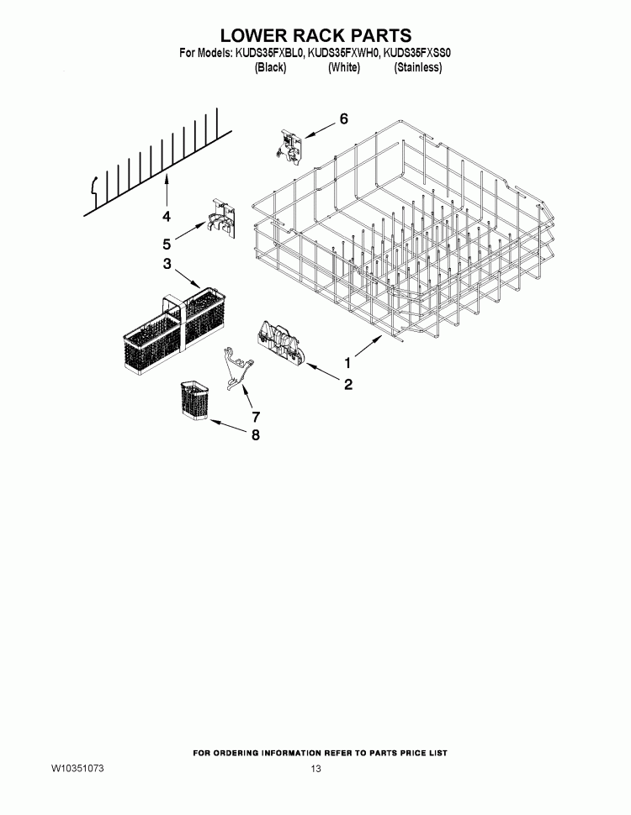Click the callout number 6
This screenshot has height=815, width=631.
click(342, 119)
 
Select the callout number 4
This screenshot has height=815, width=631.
click(167, 217)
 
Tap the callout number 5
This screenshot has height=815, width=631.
click(167, 244)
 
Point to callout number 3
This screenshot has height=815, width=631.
click(167, 265)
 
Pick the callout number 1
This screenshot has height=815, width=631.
click(347, 363)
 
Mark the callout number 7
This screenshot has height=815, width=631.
click(256, 416)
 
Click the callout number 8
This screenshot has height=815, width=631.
click(256, 435)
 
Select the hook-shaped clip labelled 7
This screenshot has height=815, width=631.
click(235, 369)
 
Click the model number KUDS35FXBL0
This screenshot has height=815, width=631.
click(268, 54)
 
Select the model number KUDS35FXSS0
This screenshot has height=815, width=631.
click(418, 54)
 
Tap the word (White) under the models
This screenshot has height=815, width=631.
click(343, 68)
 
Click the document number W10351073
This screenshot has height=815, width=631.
click(77, 769)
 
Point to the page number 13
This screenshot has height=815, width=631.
click(315, 770)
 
